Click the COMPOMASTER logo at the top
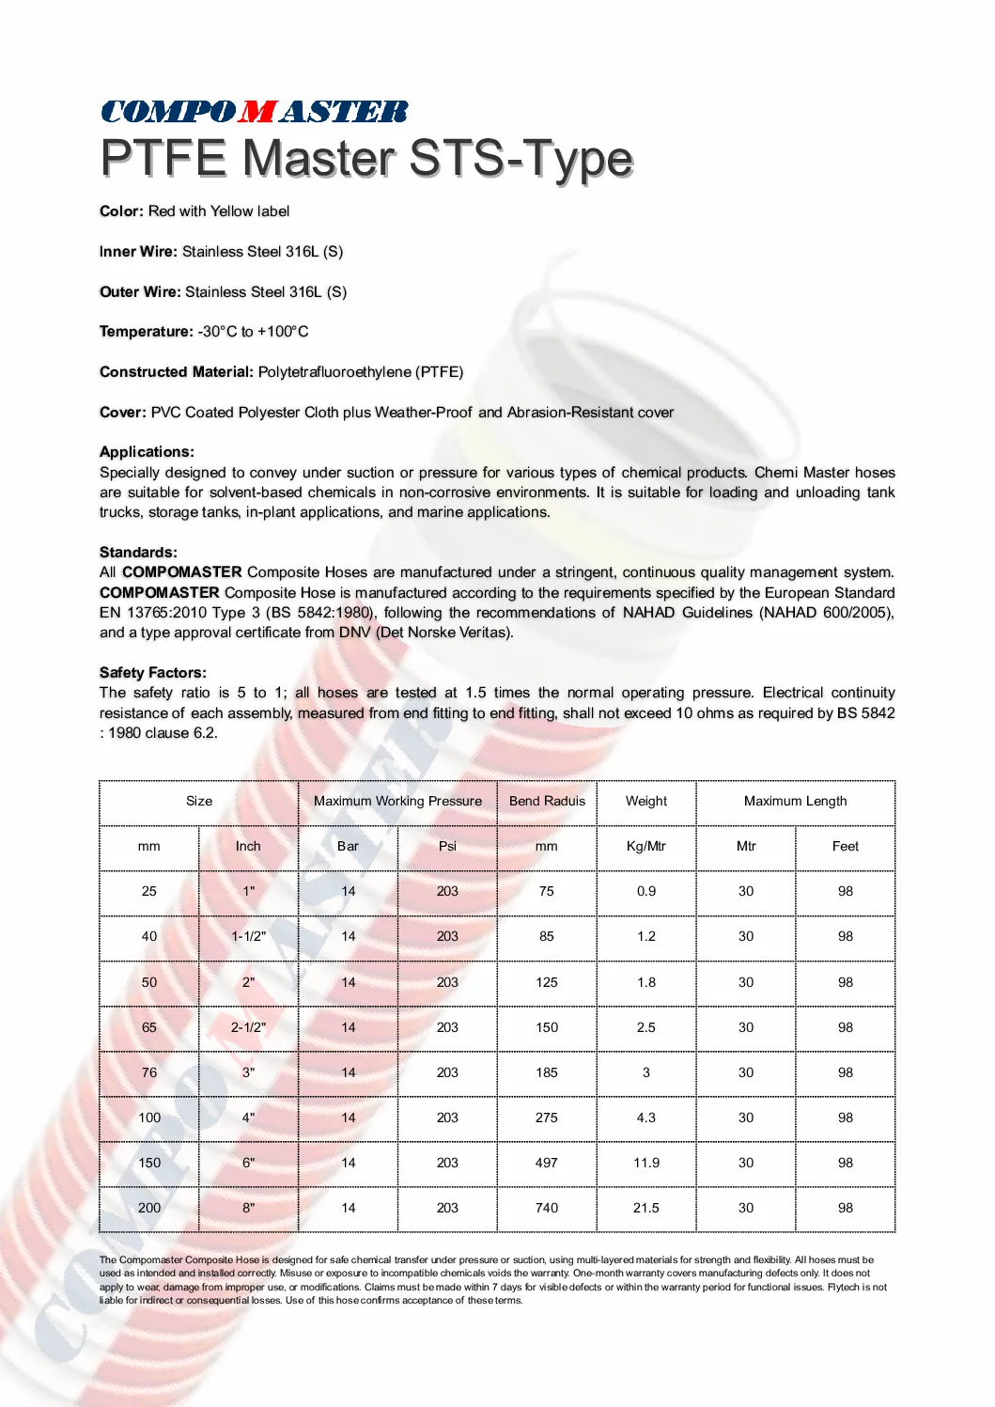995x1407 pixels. [x=255, y=112]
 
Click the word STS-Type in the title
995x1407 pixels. [x=521, y=158]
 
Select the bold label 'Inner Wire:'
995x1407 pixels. [x=138, y=252]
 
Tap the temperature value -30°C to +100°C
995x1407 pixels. [x=253, y=332]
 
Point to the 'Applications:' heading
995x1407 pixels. [x=147, y=452]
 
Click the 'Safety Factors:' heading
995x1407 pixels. [x=153, y=673]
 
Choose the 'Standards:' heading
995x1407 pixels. [x=138, y=553]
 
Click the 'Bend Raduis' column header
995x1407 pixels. [x=547, y=802]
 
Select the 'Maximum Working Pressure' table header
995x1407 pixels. [x=397, y=802]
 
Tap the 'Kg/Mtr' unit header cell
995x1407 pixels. [x=646, y=847]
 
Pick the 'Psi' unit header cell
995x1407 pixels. [x=447, y=847]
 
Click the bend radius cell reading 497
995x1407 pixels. [x=547, y=1164]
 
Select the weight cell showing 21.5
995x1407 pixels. [x=646, y=1209]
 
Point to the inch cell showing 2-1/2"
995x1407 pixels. [x=249, y=1028]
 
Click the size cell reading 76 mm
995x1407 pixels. [x=149, y=1073]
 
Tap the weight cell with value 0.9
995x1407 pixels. [x=646, y=892]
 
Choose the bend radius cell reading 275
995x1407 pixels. [x=547, y=1118]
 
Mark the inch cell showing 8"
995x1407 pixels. [x=249, y=1209]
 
